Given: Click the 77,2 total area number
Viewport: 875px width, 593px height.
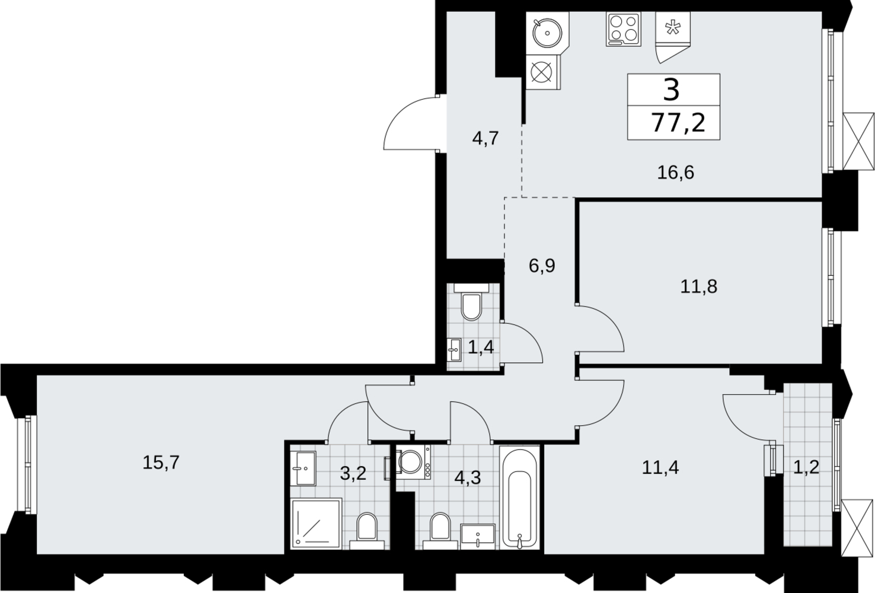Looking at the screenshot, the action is coord(678,123).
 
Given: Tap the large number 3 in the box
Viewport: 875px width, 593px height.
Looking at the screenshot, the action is coord(672,90).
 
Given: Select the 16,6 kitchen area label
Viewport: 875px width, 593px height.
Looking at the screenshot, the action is coord(676,173).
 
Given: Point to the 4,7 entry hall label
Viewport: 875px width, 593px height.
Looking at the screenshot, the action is coord(486,138).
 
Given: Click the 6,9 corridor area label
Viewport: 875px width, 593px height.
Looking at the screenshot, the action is coord(542,266).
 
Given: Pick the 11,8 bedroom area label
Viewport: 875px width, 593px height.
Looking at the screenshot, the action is coord(699,287).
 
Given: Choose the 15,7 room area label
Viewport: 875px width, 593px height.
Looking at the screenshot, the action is coord(161,463).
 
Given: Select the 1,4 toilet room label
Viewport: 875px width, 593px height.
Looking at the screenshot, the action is coord(481,346).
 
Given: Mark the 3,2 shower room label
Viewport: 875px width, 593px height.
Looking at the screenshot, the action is coord(353,474).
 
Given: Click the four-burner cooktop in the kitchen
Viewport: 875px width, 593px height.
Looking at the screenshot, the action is coord(624,29).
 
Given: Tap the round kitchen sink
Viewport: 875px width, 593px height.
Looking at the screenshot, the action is coord(547,33).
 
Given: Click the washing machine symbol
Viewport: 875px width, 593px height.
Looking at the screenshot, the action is coord(414,463).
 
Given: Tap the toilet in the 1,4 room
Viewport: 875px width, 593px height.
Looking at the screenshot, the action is coord(471,302).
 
